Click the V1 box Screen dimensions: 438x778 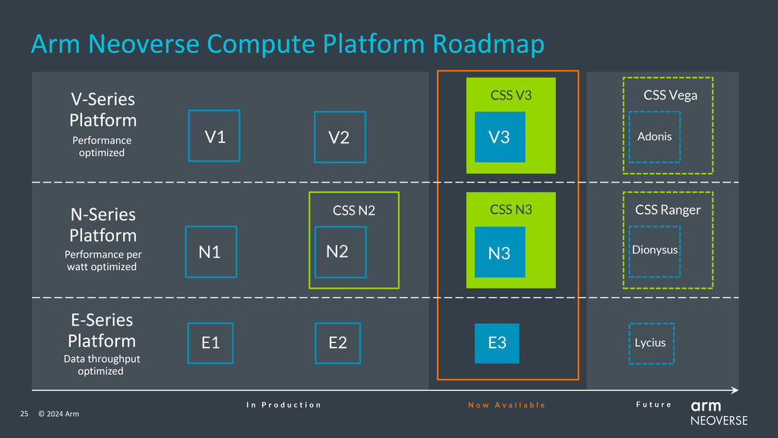pyautogui.click(x=214, y=136)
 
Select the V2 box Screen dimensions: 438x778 pyautogui.click(x=340, y=138)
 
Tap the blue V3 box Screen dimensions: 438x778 pyautogui.click(x=500, y=137)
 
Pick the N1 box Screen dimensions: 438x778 pyautogui.click(x=210, y=252)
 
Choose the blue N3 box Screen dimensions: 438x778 pyautogui.click(x=500, y=252)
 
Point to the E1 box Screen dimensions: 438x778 pyautogui.click(x=210, y=343)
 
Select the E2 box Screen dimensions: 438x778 pyautogui.click(x=338, y=343)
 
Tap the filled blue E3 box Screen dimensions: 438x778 pyautogui.click(x=497, y=343)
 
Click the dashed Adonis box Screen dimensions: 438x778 pyautogui.click(x=654, y=137)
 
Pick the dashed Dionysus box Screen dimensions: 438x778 pyautogui.click(x=654, y=251)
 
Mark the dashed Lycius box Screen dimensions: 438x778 pyautogui.click(x=650, y=343)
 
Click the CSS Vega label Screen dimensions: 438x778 pyautogui.click(x=670, y=95)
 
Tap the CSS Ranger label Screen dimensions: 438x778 pyautogui.click(x=668, y=210)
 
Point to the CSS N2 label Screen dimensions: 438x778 pyautogui.click(x=354, y=211)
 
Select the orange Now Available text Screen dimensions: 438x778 pyautogui.click(x=507, y=405)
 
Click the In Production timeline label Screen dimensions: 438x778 pyautogui.click(x=283, y=405)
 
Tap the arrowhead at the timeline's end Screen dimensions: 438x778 pyautogui.click(x=734, y=390)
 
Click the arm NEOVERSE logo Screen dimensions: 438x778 pyautogui.click(x=719, y=413)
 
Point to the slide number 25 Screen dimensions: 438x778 pyautogui.click(x=24, y=414)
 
